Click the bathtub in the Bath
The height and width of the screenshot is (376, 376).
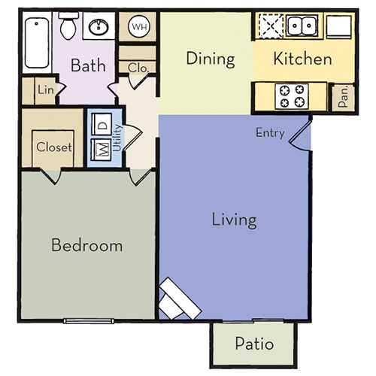coord(35,42)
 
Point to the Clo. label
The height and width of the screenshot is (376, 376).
coord(138,67)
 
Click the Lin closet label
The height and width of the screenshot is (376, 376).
coord(45,91)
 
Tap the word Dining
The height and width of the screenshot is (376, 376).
coord(211,58)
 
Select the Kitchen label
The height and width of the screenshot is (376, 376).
coord(302,58)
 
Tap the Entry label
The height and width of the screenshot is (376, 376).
coord(270,133)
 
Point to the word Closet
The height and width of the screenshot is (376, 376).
coord(53,147)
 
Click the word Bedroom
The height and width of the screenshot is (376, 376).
coord(86,245)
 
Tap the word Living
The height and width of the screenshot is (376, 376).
coord(234,220)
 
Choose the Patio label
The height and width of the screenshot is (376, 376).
coord(253,344)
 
